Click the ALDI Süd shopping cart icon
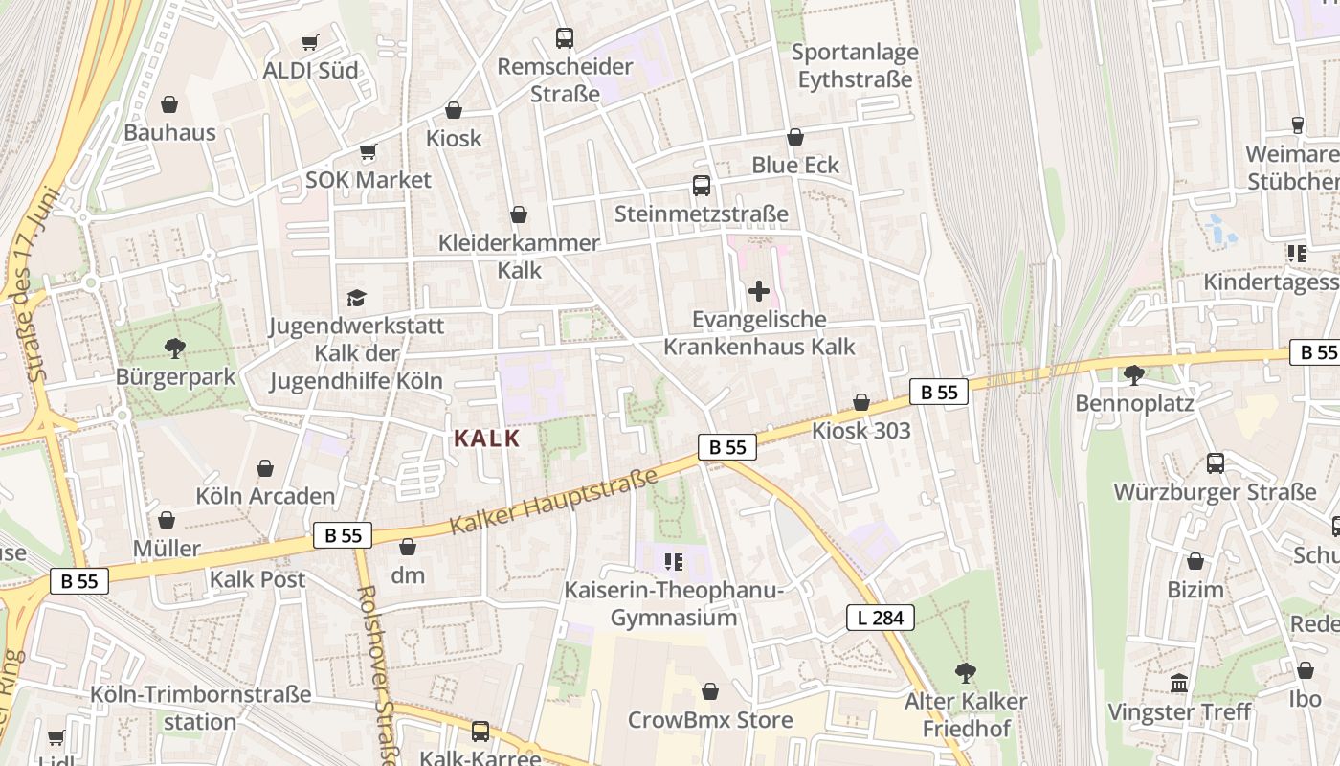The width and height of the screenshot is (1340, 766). click(309, 42)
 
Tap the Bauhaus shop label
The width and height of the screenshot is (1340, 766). click(169, 132)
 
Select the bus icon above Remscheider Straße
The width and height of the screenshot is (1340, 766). click(565, 38)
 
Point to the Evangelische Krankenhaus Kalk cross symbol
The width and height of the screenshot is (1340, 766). click(759, 290)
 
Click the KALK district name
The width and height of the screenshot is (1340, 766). click(486, 439)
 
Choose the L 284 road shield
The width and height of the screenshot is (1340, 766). click(881, 618)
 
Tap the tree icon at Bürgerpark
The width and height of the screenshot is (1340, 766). click(174, 348)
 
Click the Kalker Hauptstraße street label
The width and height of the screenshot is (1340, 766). click(554, 501)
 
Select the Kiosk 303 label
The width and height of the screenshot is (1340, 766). click(861, 431)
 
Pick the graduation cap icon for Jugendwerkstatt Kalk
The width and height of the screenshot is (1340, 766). click(357, 298)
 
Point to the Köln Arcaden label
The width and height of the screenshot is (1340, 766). click(265, 496)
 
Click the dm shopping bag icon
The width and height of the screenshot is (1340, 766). click(408, 547)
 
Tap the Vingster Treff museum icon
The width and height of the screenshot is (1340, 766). click(1179, 684)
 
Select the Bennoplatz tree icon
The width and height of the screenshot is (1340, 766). click(1134, 374)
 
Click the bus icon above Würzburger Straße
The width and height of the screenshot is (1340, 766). click(1216, 463)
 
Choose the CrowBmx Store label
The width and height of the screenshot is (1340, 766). click(710, 719)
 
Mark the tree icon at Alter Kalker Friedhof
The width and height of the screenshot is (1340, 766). click(966, 673)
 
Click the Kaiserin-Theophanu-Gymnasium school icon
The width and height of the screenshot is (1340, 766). click(674, 561)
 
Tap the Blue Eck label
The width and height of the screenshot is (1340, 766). click(795, 165)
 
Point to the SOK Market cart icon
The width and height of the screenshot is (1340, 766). click(368, 152)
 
